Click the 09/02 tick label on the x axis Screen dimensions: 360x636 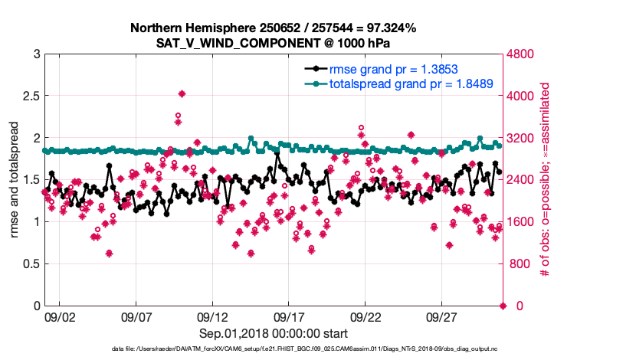[x=60, y=316]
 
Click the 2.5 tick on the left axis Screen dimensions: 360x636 [x=29, y=97]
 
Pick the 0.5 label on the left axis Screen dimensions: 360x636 [x=29, y=264]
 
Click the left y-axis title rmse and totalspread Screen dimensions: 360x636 [x=14, y=180]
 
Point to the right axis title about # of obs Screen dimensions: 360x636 [x=546, y=180]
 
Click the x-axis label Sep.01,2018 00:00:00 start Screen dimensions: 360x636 [x=274, y=333]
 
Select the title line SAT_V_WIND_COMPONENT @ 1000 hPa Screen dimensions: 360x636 [x=274, y=42]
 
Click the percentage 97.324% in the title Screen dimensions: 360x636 [x=391, y=28]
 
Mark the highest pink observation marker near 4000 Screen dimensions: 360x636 [x=182, y=93]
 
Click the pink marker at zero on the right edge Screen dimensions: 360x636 [x=503, y=306]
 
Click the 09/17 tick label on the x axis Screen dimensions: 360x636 [x=290, y=316]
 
